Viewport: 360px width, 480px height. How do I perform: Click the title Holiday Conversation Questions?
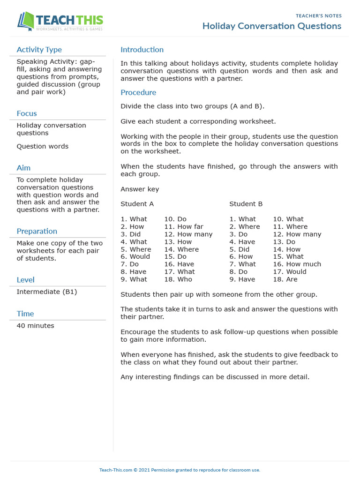tap(271, 26)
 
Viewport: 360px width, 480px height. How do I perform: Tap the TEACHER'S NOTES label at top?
tap(318, 16)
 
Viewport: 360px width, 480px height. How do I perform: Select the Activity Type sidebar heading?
tap(39, 50)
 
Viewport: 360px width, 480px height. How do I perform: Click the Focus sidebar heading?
tap(27, 113)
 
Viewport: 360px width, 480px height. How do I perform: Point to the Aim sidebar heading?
tap(23, 168)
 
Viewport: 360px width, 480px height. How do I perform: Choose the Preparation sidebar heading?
tap(37, 231)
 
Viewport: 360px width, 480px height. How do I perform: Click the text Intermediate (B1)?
tap(46, 292)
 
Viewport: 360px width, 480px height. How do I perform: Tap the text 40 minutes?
tap(35, 325)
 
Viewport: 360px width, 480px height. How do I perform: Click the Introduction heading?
tap(142, 50)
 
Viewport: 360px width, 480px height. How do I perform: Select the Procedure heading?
tap(138, 92)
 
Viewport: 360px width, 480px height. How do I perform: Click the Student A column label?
tap(137, 204)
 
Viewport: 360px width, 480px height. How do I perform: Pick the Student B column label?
tap(246, 204)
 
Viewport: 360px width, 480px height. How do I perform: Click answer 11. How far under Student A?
tap(184, 226)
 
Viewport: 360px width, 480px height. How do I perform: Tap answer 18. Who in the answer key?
tap(178, 279)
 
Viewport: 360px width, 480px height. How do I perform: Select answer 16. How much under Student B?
tap(297, 264)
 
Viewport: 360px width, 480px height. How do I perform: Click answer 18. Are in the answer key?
tap(285, 279)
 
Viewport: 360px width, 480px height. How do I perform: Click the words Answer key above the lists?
tap(140, 189)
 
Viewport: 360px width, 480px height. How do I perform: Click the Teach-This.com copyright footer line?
tap(180, 470)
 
